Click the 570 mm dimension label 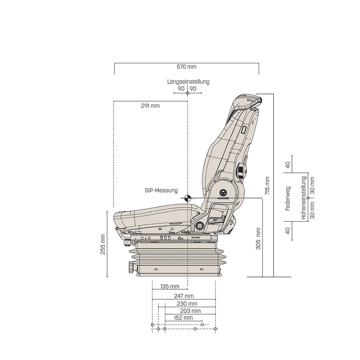[x=186, y=67]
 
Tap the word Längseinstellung [x=188, y=82]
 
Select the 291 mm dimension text [x=150, y=106]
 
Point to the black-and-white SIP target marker [x=187, y=198]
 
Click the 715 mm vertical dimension [x=267, y=185]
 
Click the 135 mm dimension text [x=169, y=287]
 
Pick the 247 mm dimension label [x=184, y=296]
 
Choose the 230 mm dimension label [x=187, y=303]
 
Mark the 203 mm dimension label [x=190, y=311]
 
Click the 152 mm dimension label [x=183, y=318]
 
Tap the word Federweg [x=288, y=198]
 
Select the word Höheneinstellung [x=304, y=198]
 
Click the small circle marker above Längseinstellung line [x=187, y=93]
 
